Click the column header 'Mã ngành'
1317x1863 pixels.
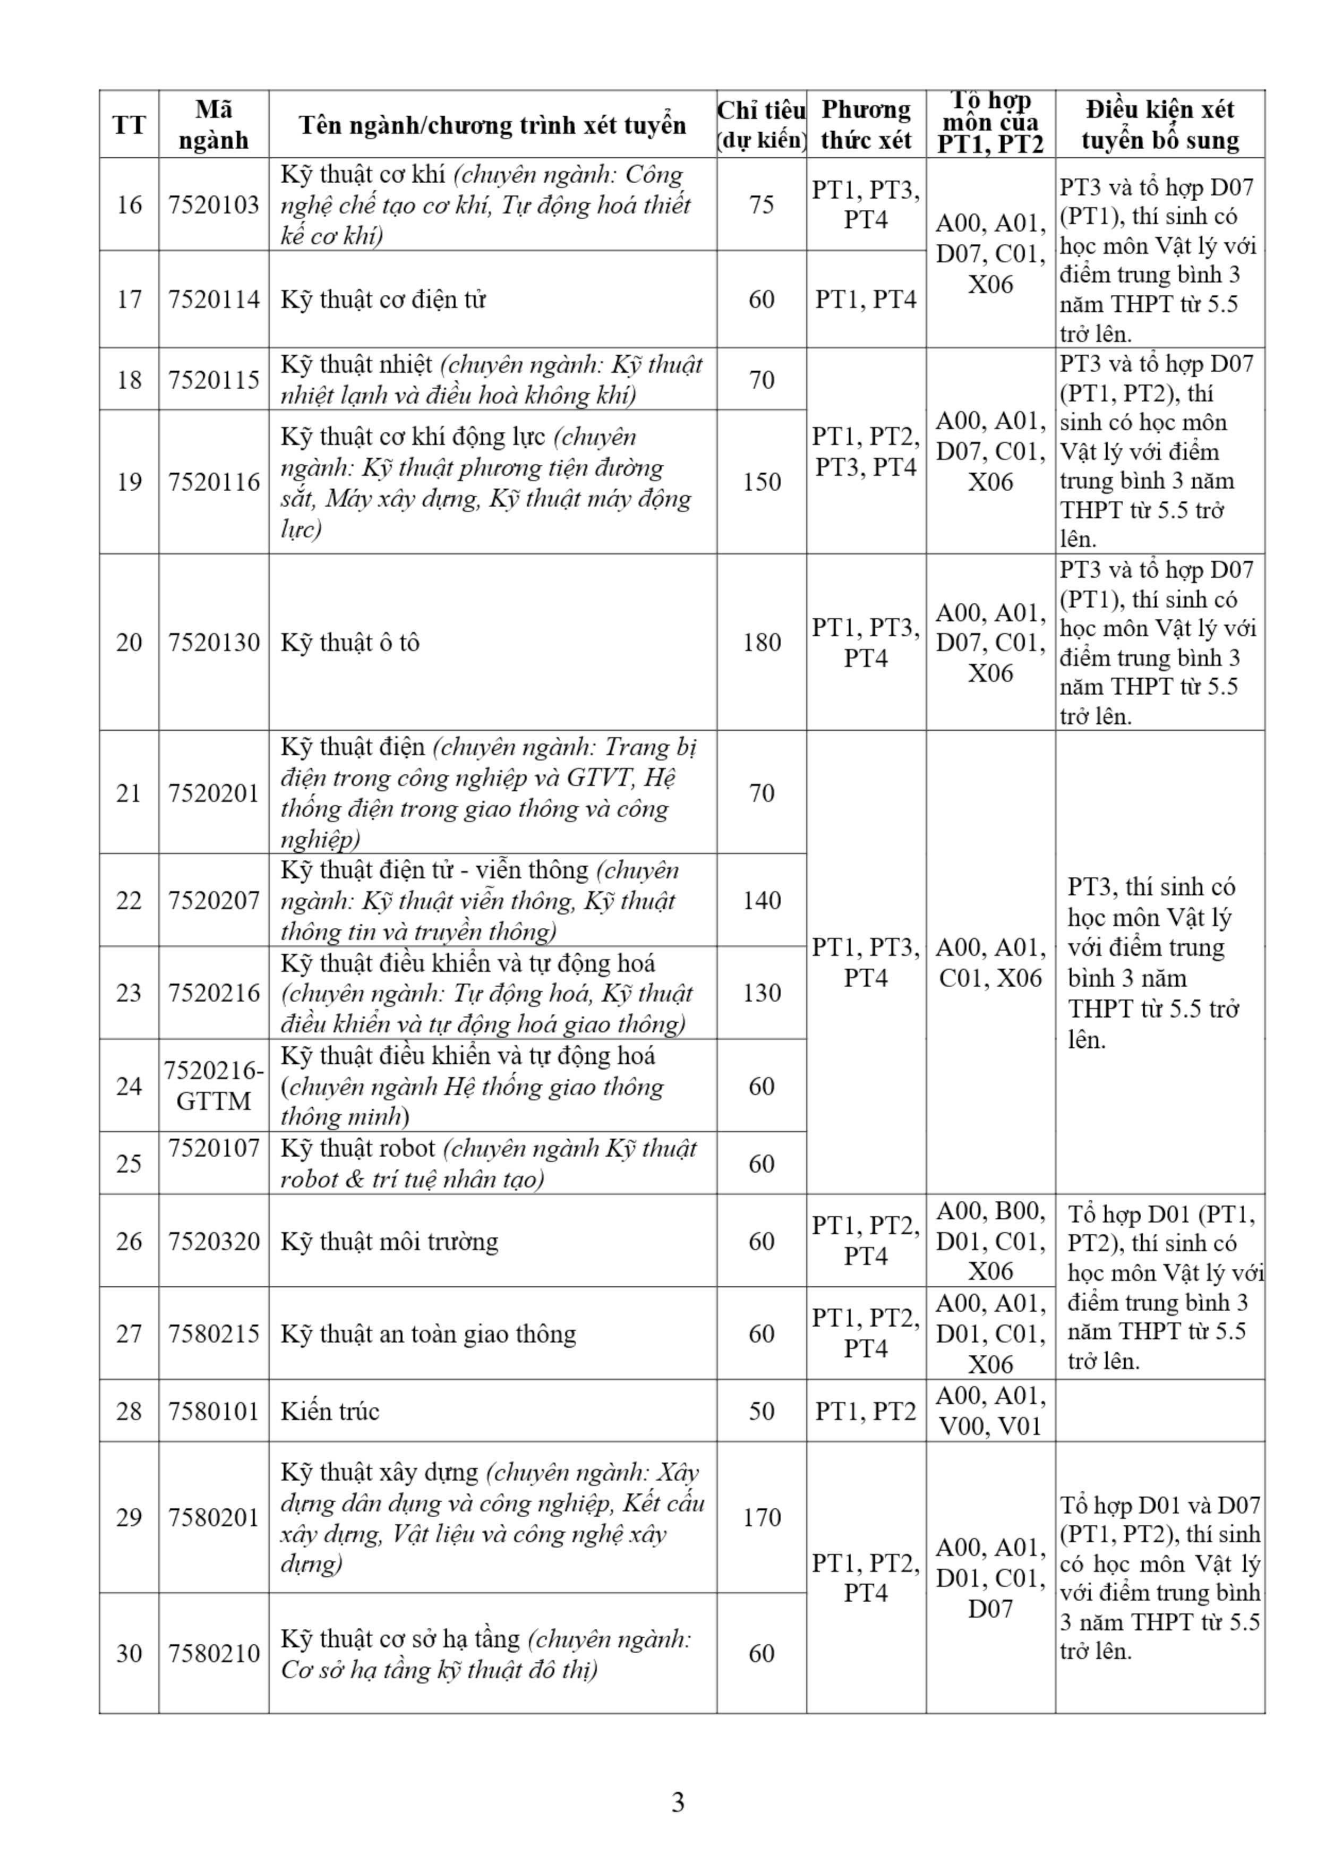click(213, 125)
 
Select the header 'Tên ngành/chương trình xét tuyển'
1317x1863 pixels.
click(492, 125)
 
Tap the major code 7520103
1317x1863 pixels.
click(213, 204)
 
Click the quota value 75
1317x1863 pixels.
click(761, 204)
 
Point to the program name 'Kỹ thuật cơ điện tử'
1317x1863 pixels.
click(383, 300)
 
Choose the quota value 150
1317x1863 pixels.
click(761, 482)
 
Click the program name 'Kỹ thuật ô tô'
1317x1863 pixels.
click(350, 643)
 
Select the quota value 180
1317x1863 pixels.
click(761, 643)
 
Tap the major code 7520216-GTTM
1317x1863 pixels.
click(213, 1086)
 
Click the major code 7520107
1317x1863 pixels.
click(213, 1148)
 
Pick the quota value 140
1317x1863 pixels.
click(761, 900)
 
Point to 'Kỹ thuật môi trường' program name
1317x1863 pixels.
click(389, 1242)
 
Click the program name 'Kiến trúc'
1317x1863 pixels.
click(329, 1411)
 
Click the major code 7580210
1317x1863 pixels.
click(213, 1654)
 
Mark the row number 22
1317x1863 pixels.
click(129, 900)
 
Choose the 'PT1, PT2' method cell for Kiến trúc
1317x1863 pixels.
click(865, 1411)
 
